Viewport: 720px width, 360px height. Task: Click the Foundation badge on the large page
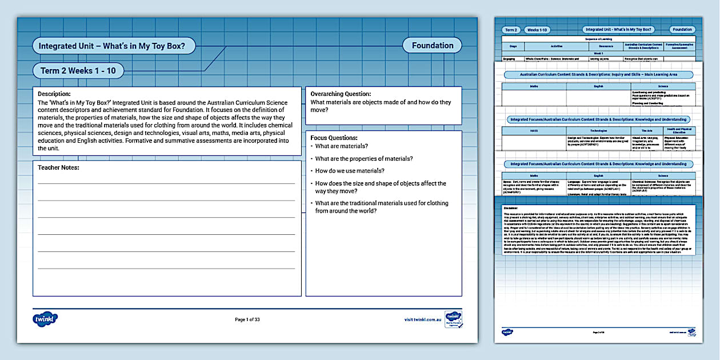tap(433, 46)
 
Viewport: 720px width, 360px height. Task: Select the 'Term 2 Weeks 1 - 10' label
tap(78, 71)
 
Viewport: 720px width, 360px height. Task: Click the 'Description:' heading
tap(54, 94)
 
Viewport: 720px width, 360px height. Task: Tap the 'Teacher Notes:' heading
tap(58, 167)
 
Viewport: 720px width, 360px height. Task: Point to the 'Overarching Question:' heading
tap(341, 94)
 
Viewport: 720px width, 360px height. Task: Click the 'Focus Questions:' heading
tap(334, 138)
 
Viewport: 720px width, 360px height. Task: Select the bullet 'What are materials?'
tap(342, 146)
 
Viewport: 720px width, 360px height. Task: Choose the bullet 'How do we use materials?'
tap(350, 171)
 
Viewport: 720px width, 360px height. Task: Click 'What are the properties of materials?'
tap(364, 159)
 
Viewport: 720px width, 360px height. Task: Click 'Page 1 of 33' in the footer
tap(247, 320)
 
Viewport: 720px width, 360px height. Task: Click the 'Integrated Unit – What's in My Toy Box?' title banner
tap(114, 46)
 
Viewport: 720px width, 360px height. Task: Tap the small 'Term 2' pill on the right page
tap(511, 30)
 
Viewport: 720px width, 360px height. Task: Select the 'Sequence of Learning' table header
tap(599, 39)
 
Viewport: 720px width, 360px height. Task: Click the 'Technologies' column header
tap(598, 131)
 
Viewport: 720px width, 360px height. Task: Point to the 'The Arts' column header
tap(647, 131)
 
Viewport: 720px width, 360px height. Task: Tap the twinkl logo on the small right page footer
tap(507, 332)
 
